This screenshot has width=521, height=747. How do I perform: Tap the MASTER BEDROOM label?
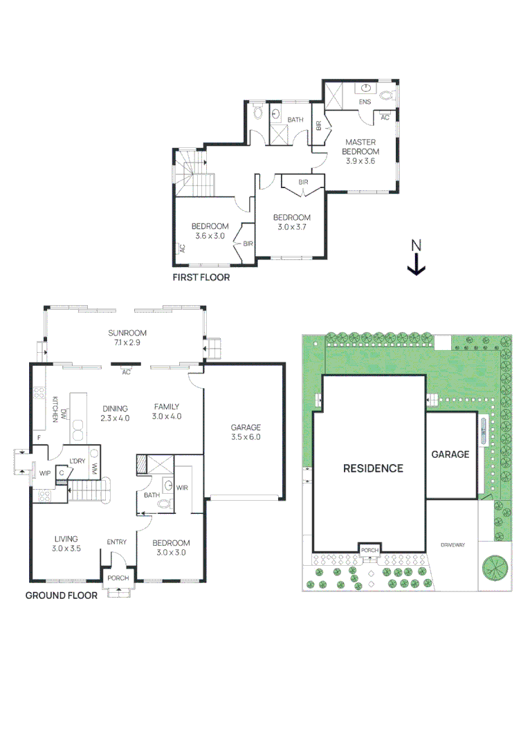click(x=360, y=147)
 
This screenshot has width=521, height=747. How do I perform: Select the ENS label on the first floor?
click(x=365, y=102)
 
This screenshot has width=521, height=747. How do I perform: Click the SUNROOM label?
click(x=127, y=333)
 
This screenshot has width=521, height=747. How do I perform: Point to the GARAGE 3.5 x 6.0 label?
click(x=246, y=432)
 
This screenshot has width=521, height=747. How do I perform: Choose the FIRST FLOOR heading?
click(x=201, y=277)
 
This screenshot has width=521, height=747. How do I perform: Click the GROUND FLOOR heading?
click(x=62, y=596)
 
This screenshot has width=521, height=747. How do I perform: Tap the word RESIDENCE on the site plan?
click(x=373, y=468)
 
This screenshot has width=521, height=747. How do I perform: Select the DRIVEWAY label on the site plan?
click(x=453, y=544)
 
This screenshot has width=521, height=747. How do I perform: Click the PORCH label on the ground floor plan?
click(x=118, y=578)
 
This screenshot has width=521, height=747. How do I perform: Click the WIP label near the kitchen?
click(x=45, y=473)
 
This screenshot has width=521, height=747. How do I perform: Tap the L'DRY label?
click(x=77, y=461)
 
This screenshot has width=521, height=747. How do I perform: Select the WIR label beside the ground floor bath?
click(x=182, y=488)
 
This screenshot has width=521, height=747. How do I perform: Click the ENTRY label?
click(x=117, y=542)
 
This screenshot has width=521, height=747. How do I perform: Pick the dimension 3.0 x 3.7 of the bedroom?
click(x=292, y=227)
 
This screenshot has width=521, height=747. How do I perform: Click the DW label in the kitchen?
click(x=64, y=412)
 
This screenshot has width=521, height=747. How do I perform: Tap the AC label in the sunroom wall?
click(x=127, y=372)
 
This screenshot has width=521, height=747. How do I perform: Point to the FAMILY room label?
click(x=166, y=407)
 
